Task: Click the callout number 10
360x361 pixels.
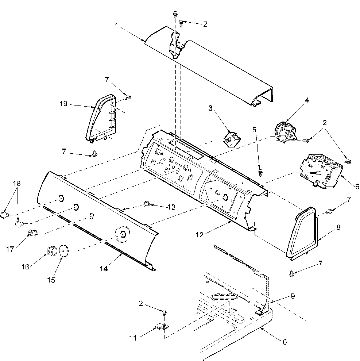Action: click(283, 342)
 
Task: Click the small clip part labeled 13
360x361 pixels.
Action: click(148, 203)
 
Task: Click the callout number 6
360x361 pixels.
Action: click(352, 185)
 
